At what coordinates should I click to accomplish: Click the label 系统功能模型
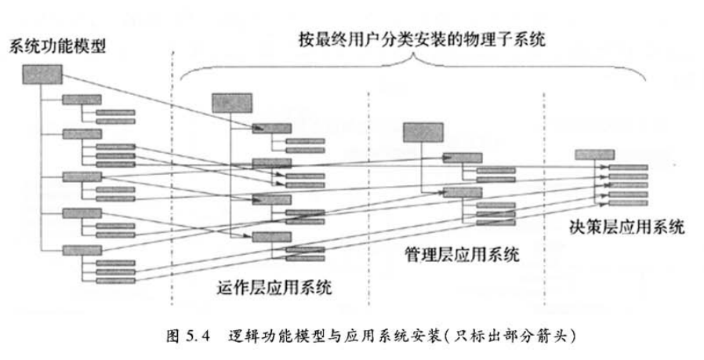coord(56,45)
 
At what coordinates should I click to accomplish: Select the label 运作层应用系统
coord(272,288)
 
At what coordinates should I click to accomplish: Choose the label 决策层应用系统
coord(627,228)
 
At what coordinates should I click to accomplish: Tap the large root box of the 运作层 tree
coord(231,103)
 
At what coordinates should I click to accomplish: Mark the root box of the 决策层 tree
coord(594,154)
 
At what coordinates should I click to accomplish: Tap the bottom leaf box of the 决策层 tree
coord(628,202)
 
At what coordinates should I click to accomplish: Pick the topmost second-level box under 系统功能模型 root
coord(82,100)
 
